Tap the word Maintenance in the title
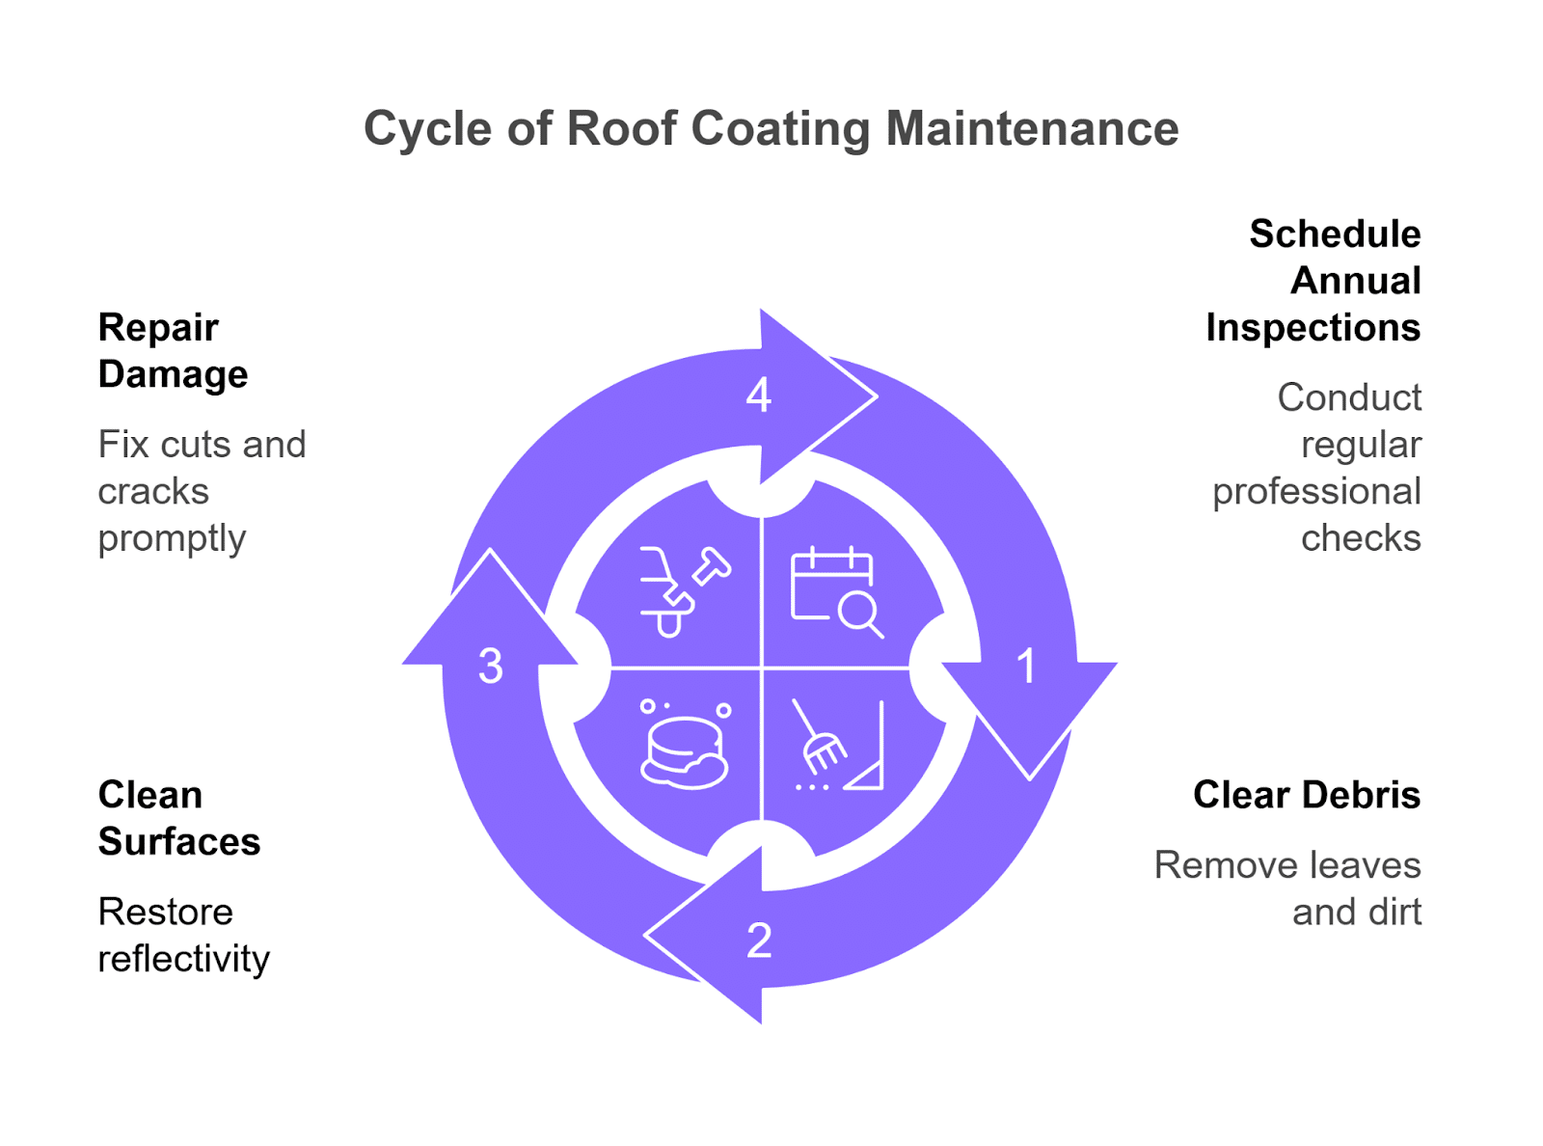[1032, 129]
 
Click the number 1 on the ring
[1026, 667]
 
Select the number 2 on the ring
[759, 941]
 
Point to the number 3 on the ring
[491, 667]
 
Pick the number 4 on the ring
[759, 396]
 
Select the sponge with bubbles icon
[685, 745]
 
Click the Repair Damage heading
[173, 350]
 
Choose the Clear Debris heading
[1306, 795]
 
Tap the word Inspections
[1313, 328]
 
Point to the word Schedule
[1335, 234]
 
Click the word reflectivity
[183, 959]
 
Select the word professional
[1316, 492]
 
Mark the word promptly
[172, 538]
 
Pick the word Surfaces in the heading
[179, 842]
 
